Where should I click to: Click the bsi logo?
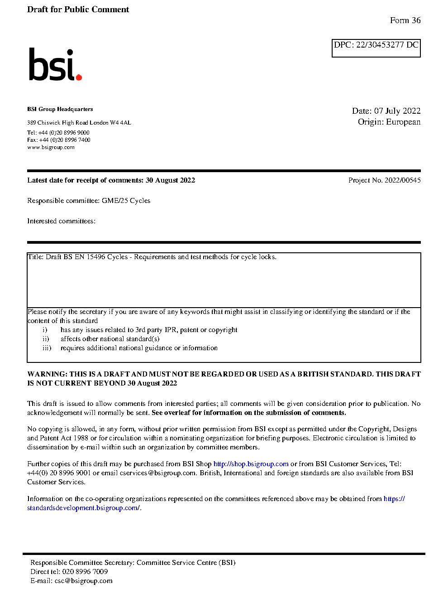pyautogui.click(x=55, y=65)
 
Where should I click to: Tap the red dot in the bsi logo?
pyautogui.click(x=79, y=77)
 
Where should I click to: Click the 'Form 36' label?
pyautogui.click(x=405, y=20)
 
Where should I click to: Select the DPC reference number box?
pyautogui.click(x=376, y=48)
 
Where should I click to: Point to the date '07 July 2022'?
pyautogui.click(x=397, y=111)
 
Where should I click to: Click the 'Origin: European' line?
pyautogui.click(x=389, y=122)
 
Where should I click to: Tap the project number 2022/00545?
pyautogui.click(x=402, y=180)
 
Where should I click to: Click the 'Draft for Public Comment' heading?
pyautogui.click(x=78, y=10)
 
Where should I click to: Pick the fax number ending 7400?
pyautogui.click(x=65, y=140)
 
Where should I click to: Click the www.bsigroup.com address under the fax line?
pyautogui.click(x=51, y=147)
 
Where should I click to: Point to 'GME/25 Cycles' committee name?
pyautogui.click(x=126, y=201)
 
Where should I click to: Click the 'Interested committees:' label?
pyautogui.click(x=61, y=221)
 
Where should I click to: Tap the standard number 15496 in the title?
pyautogui.click(x=96, y=257)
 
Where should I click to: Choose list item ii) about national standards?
pyautogui.click(x=110, y=339)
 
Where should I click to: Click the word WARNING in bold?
pyautogui.click(x=47, y=374)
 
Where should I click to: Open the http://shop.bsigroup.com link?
pyautogui.click(x=251, y=464)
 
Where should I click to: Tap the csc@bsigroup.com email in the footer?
pyautogui.click(x=83, y=581)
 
